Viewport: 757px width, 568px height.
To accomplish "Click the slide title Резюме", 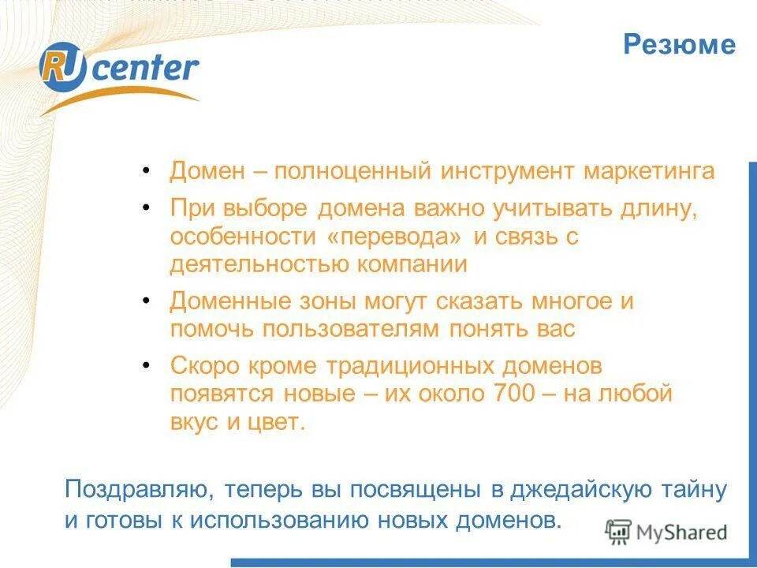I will click(x=679, y=45).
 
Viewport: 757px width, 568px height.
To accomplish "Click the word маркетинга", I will click(x=649, y=172).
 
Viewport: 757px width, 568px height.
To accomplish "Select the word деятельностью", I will click(x=259, y=264).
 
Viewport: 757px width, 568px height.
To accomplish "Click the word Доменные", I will click(x=223, y=302).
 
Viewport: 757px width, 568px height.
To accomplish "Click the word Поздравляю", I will click(x=137, y=490).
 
